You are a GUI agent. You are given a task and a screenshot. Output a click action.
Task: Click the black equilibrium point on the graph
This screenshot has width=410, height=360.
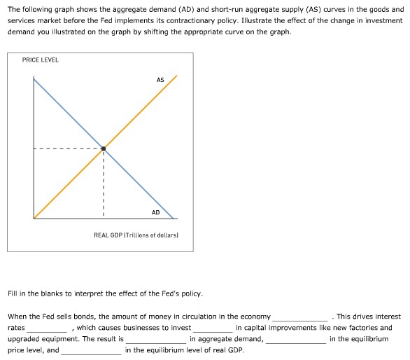coord(104,148)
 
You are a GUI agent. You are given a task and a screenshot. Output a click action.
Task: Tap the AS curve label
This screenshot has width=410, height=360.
coord(160,80)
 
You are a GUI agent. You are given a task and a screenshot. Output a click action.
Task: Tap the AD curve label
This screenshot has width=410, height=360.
coord(155,212)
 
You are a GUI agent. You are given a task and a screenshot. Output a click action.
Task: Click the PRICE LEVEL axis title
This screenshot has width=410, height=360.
coord(41,60)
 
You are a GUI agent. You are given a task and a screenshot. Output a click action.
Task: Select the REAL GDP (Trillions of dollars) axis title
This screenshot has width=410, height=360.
coord(136,235)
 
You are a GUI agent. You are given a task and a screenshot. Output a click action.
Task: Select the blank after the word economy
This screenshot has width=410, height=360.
coord(299,318)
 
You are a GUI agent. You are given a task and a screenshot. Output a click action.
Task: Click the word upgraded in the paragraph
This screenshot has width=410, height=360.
coord(24,339)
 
